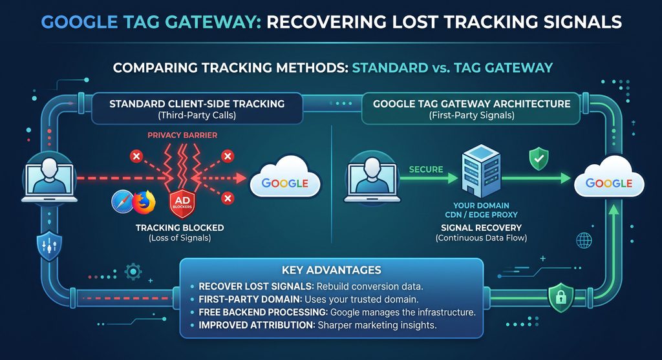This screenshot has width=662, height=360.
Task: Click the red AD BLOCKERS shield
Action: pyautogui.click(x=182, y=204)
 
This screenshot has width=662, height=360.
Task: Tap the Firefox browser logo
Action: pyautogui.click(x=144, y=202)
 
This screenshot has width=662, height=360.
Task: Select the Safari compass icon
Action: pyautogui.click(x=123, y=202)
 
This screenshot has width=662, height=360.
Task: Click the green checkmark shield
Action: pyautogui.click(x=539, y=159)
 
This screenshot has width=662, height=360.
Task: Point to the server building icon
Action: pyautogui.click(x=481, y=171)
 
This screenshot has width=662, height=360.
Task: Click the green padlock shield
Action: pyautogui.click(x=561, y=297)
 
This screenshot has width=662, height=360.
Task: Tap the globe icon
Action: pyautogui.click(x=584, y=240)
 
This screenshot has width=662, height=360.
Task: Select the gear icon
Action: pyautogui.click(x=133, y=272)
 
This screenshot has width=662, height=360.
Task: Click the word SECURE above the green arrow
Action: pyautogui.click(x=426, y=169)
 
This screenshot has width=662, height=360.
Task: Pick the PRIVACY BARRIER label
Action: pyautogui.click(x=182, y=135)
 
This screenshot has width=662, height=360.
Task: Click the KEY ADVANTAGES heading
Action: pyautogui.click(x=332, y=270)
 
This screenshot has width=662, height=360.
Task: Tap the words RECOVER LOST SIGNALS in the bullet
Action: pyautogui.click(x=255, y=286)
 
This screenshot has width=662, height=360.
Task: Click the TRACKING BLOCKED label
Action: pyautogui.click(x=180, y=228)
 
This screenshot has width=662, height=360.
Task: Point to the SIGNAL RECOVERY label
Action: pyautogui.click(x=481, y=228)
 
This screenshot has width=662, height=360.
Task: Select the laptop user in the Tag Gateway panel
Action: pyautogui.click(x=372, y=177)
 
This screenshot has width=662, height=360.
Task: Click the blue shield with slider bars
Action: pyautogui.click(x=49, y=246)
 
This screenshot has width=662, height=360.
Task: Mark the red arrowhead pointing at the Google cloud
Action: pyautogui.click(x=240, y=178)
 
